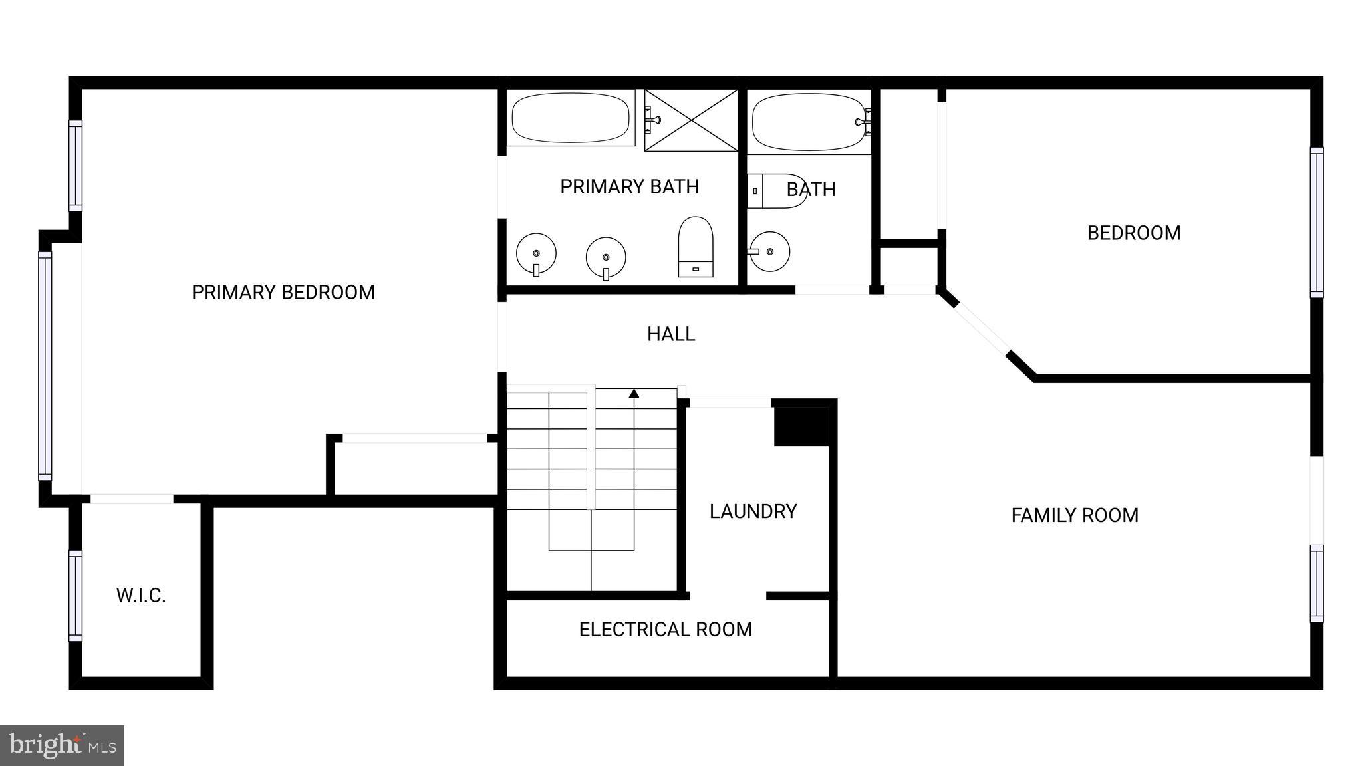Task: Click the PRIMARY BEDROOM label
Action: click(x=283, y=293)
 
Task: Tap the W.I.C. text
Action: click(x=141, y=596)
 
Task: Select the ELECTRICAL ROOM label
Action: click(x=665, y=630)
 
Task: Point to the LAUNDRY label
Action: click(x=753, y=511)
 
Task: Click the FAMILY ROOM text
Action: click(x=1075, y=515)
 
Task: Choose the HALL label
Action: click(x=671, y=334)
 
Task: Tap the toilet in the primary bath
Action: click(x=696, y=247)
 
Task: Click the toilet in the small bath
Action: click(x=777, y=191)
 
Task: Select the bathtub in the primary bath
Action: click(x=571, y=118)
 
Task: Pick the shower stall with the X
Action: click(x=692, y=120)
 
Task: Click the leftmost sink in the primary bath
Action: click(x=536, y=253)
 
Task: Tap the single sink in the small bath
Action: click(x=769, y=251)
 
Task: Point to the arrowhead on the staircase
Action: click(x=634, y=394)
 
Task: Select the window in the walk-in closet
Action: click(x=76, y=596)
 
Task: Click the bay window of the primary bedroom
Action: click(x=45, y=366)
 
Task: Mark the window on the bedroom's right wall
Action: click(x=1316, y=222)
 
